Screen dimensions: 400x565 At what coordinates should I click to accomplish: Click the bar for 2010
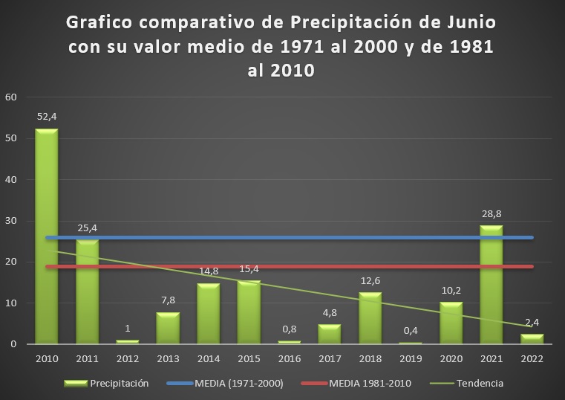tap(46, 236)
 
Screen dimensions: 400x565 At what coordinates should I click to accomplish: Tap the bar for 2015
tap(248, 312)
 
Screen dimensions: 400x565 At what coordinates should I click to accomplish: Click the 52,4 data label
tap(46, 117)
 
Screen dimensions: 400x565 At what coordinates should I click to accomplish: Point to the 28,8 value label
tap(491, 214)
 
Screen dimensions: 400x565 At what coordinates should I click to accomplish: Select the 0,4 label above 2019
tap(410, 331)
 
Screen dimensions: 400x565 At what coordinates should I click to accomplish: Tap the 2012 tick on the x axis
tap(127, 358)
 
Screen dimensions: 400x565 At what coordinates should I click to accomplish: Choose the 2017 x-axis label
tap(329, 358)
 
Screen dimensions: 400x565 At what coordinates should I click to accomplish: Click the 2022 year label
tap(532, 358)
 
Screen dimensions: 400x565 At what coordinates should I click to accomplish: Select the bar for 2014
tap(208, 314)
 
